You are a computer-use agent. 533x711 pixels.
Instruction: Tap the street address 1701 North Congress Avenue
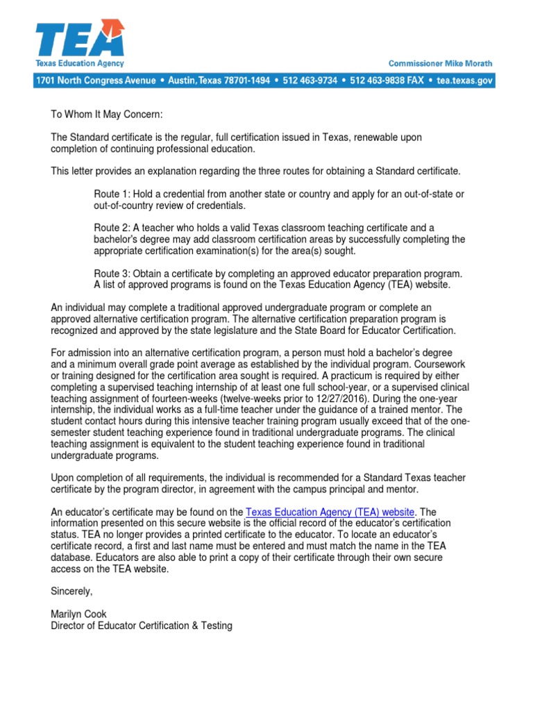pyautogui.click(x=96, y=81)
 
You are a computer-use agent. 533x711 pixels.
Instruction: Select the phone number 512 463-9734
pyautogui.click(x=310, y=81)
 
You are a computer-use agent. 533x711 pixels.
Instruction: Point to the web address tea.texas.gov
pyautogui.click(x=465, y=81)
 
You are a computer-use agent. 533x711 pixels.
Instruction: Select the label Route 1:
pyautogui.click(x=111, y=194)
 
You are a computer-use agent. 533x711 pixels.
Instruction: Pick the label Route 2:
pyautogui.click(x=111, y=227)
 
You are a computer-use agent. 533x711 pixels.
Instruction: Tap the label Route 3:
pyautogui.click(x=111, y=273)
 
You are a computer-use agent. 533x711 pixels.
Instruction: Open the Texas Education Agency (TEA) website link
pyautogui.click(x=330, y=512)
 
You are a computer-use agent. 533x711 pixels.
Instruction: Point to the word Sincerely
pyautogui.click(x=71, y=591)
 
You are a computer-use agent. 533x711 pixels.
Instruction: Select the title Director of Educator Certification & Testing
pyautogui.click(x=142, y=626)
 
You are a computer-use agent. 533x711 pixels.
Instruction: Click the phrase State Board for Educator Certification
pyautogui.click(x=368, y=330)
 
